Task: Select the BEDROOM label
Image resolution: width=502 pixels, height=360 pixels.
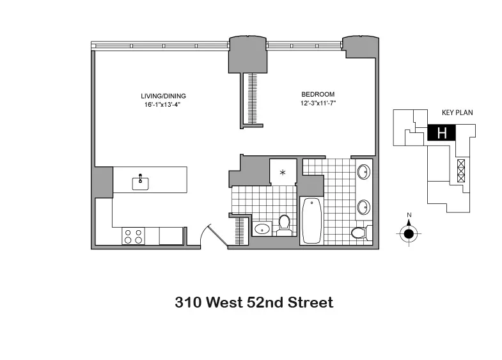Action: tap(317, 94)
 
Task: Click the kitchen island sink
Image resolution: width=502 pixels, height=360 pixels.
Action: tap(141, 183)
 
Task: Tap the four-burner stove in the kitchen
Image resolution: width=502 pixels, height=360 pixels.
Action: tap(134, 236)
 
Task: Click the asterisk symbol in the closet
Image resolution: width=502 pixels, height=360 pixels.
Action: tap(283, 173)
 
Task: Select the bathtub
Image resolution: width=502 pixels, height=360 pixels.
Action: tap(311, 220)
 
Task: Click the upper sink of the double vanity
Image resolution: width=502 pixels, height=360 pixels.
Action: tap(363, 171)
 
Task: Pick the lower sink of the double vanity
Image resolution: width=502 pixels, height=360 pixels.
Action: tap(363, 207)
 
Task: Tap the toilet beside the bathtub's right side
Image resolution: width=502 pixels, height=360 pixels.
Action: tap(360, 232)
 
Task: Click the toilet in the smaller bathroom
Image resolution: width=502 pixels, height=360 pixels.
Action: tap(283, 226)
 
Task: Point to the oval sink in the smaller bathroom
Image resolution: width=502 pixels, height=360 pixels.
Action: tap(262, 229)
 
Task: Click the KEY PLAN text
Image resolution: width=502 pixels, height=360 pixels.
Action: tap(456, 113)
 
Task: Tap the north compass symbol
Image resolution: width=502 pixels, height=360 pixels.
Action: tap(408, 233)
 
